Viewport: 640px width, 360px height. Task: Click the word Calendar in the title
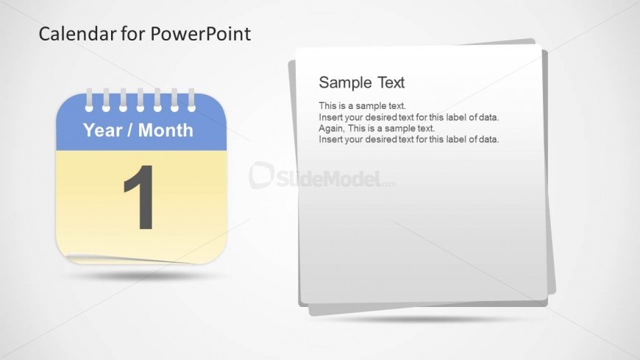(x=77, y=34)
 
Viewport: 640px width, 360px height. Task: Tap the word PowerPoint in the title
(x=201, y=34)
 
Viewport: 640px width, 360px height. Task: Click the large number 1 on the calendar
(x=140, y=197)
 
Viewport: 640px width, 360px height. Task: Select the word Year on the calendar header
(x=102, y=130)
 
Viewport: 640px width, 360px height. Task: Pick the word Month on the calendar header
(x=166, y=130)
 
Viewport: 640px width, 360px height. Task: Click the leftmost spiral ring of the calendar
(x=89, y=99)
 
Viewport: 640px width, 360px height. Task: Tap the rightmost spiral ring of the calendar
(x=191, y=99)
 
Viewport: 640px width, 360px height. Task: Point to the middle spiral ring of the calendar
(x=140, y=99)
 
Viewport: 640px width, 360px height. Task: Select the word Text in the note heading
(x=391, y=82)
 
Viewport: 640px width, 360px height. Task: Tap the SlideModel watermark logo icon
(x=261, y=175)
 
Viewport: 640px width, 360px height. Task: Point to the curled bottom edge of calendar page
(x=131, y=259)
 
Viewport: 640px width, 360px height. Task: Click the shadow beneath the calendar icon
(x=141, y=276)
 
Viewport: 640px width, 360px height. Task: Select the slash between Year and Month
(x=129, y=130)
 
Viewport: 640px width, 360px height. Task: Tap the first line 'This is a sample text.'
(x=362, y=106)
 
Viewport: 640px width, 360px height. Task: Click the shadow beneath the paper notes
(x=424, y=319)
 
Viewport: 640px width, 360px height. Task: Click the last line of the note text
(x=408, y=139)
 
